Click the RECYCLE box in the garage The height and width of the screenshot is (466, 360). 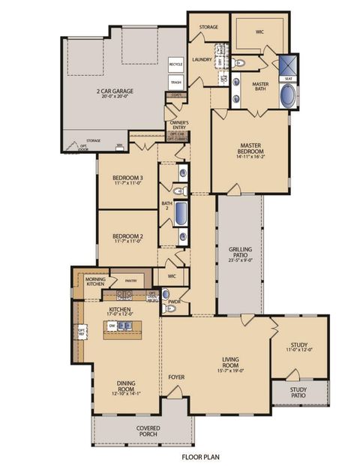[x=175, y=65]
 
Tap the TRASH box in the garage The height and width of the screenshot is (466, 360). [x=175, y=83]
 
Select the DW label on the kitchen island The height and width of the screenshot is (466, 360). [x=111, y=325]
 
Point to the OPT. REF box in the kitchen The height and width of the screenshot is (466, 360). [x=80, y=330]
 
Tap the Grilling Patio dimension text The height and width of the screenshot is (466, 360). [x=240, y=261]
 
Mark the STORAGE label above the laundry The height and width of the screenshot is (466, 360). [x=208, y=27]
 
